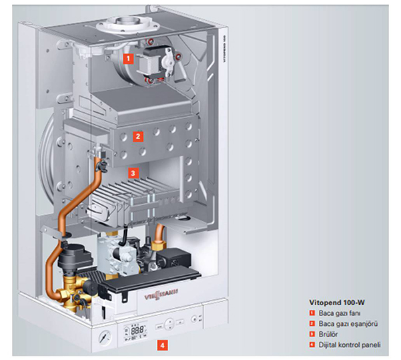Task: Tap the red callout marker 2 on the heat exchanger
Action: pos(137,137)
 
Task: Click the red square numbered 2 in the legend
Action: pos(311,323)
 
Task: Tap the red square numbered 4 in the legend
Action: pos(311,345)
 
